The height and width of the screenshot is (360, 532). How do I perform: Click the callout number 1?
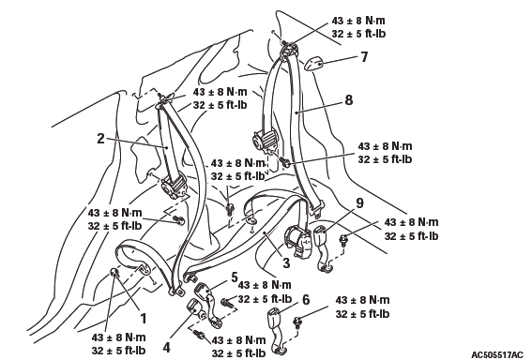tap(144, 319)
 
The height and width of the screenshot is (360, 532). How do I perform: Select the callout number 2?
tap(100, 139)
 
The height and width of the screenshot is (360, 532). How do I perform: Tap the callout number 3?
tap(286, 262)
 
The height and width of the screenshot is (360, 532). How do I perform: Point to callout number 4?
tap(166, 347)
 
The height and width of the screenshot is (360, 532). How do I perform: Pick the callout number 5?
tap(235, 277)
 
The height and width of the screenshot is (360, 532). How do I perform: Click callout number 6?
tap(306, 300)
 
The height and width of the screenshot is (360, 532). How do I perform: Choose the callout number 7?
tap(364, 56)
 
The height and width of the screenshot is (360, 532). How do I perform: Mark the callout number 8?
tap(348, 100)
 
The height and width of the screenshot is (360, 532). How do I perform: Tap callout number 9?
tap(359, 202)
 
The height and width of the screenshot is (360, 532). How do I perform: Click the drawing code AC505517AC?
tap(497, 354)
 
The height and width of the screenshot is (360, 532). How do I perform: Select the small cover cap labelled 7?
tap(312, 64)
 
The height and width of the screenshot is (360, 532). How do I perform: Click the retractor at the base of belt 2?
tap(174, 186)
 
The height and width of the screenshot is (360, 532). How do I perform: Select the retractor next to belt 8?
tap(266, 140)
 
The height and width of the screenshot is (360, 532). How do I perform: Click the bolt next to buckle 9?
tap(343, 240)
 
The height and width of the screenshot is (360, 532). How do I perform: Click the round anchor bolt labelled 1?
tap(114, 273)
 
